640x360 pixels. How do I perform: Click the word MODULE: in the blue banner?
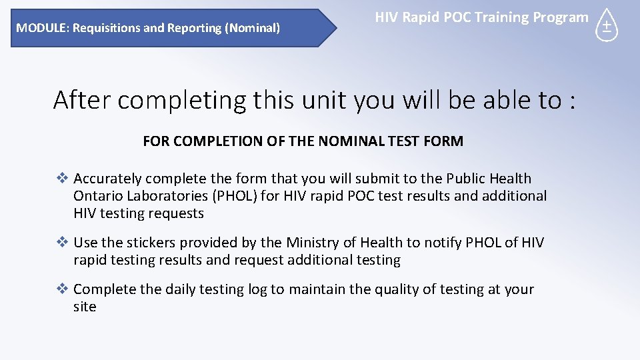point(43,28)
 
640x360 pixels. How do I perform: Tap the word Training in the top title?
point(489,17)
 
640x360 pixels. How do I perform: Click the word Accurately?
point(107,179)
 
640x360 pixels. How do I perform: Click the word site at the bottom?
point(85,307)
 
